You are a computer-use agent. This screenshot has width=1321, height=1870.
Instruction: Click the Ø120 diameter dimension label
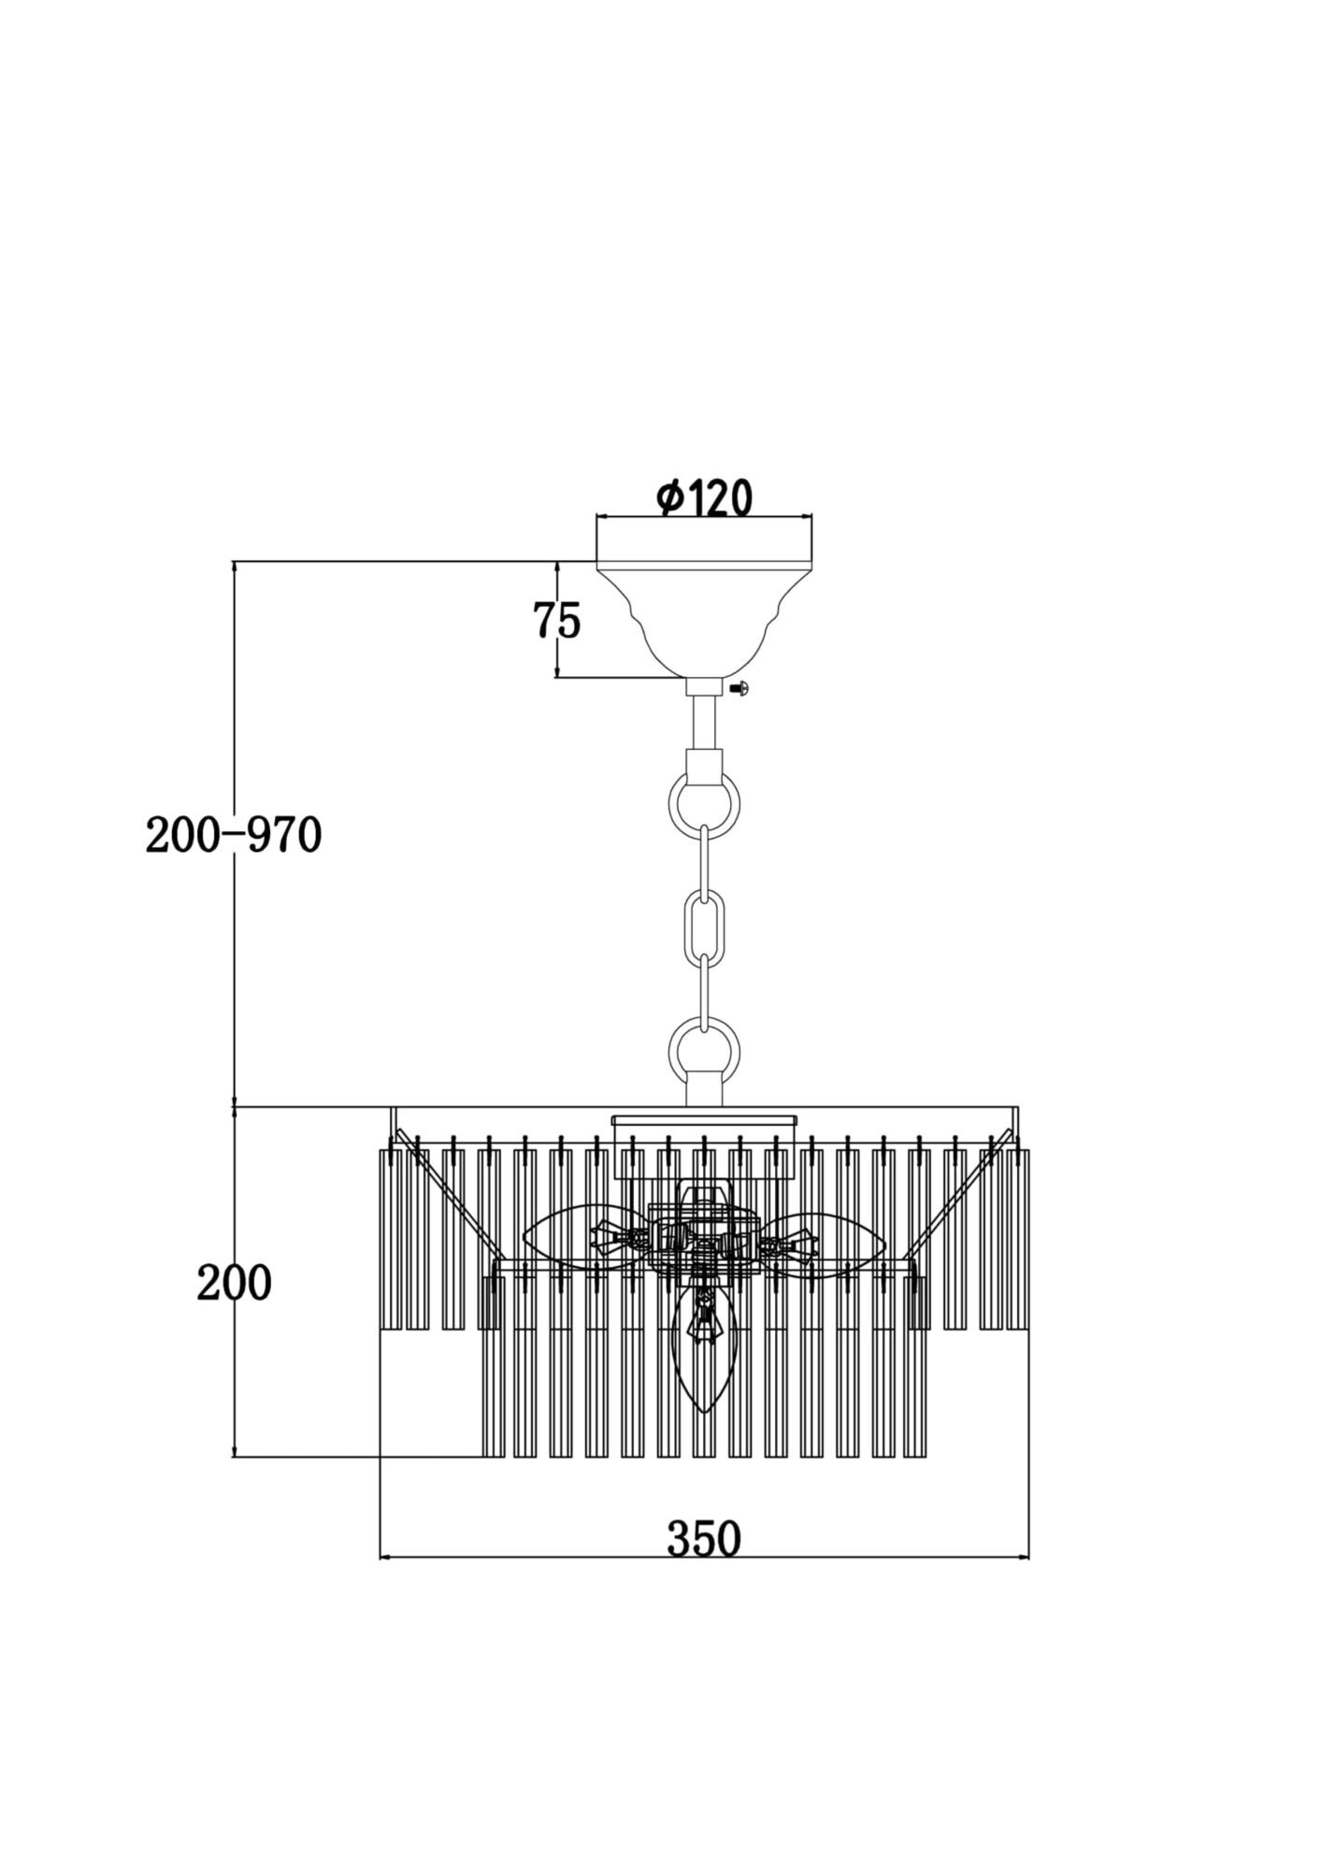pos(704,498)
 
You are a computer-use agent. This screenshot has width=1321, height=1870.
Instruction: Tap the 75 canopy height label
pos(556,620)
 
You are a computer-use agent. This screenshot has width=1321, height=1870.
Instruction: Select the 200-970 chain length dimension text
pos(234,836)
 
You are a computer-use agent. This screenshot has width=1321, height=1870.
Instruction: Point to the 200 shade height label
pos(234,1284)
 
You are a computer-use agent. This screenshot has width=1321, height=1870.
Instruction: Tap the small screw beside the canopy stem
pos(740,689)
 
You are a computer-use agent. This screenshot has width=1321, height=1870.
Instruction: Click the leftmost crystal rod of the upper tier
pos(390,1239)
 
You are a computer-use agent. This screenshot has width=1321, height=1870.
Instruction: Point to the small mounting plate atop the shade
pos(704,1118)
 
